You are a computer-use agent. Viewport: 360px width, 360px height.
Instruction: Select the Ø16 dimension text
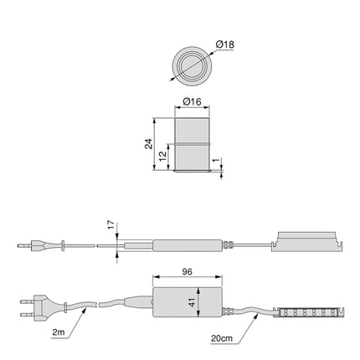193,102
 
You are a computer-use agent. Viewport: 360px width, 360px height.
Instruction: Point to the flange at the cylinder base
192,172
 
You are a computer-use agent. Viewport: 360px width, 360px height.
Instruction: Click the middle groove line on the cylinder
192,145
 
